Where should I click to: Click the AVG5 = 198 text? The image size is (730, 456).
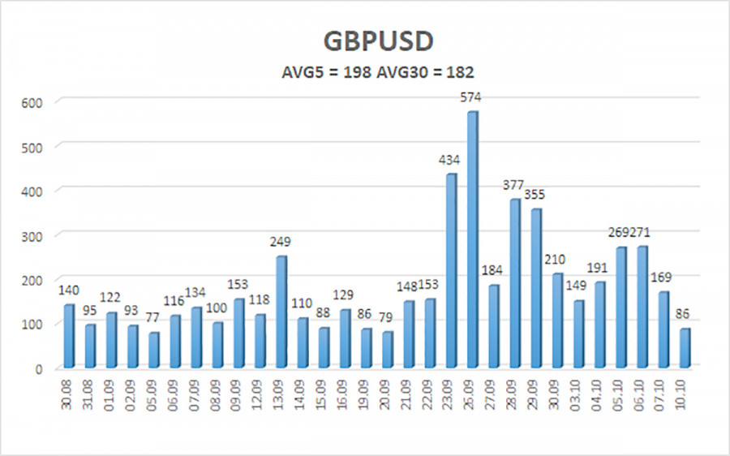click(315, 73)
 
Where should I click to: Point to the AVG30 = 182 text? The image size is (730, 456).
click(422, 73)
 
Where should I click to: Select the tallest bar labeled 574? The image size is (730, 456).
click(472, 240)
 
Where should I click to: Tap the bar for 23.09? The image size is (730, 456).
click(451, 271)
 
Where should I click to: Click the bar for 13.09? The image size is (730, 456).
click(281, 312)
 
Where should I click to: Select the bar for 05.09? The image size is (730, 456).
click(154, 351)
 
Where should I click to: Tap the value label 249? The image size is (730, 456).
click(281, 243)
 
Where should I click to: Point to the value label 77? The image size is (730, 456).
click(153, 319)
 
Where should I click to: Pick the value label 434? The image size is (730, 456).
click(451, 160)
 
